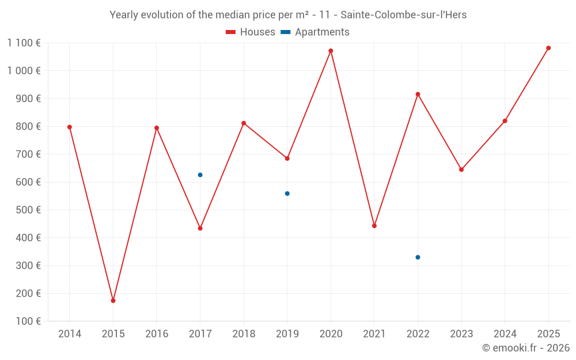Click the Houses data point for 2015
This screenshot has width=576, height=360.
point(113,301)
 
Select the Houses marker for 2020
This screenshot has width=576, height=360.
point(331,51)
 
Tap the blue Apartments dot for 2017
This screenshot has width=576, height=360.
point(200,175)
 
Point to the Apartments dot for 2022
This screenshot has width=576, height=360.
point(418,257)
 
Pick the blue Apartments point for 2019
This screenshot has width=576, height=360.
point(287,194)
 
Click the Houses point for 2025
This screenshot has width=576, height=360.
point(548,48)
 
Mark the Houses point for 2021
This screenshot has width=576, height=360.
point(374,226)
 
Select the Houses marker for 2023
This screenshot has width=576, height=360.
point(461,169)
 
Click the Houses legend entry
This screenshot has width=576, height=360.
point(251,32)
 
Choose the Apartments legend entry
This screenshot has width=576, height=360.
point(315,32)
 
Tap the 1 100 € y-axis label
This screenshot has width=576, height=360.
point(24,43)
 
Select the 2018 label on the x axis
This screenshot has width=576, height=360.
point(244,334)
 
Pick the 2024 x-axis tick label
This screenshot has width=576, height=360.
point(505,334)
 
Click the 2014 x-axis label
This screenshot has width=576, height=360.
point(70,334)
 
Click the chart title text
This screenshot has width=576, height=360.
point(288,15)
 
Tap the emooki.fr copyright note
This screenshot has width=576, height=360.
point(525,348)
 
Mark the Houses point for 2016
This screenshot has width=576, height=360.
point(157,128)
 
